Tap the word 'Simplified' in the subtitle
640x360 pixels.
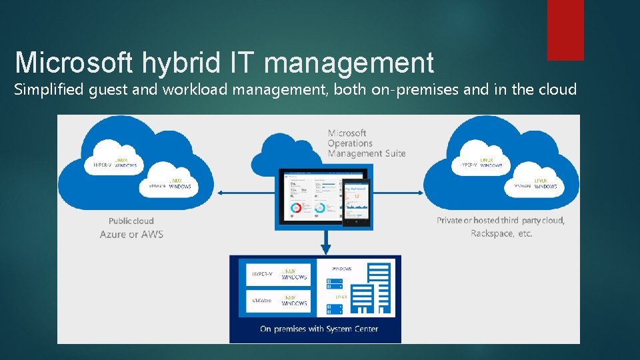tap(50, 89)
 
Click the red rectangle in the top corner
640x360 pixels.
tap(565, 30)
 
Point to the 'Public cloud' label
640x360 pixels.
tap(131, 221)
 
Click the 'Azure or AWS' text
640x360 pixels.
tap(131, 234)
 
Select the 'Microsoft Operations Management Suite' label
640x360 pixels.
tap(366, 143)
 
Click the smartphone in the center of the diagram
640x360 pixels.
tap(355, 202)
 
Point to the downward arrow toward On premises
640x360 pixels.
tap(325, 243)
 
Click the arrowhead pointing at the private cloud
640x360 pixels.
tap(420, 193)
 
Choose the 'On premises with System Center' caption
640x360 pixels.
tap(319, 329)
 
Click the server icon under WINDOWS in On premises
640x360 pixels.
tap(335, 284)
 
